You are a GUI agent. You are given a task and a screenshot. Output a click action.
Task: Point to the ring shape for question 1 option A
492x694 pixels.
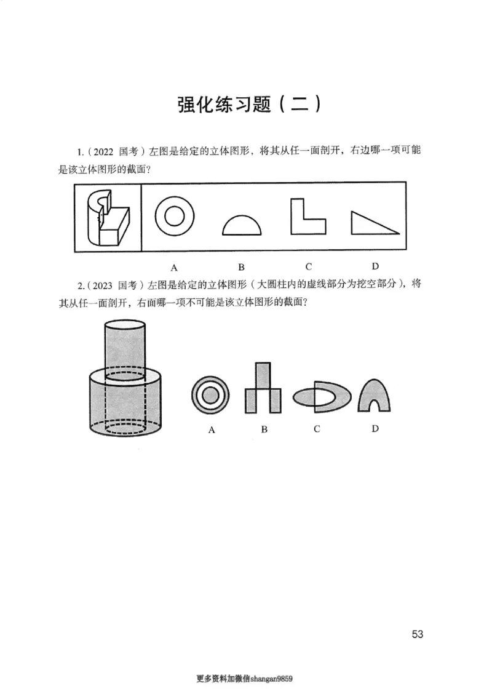(174, 217)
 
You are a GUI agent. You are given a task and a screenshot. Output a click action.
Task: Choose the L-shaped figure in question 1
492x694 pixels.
(308, 217)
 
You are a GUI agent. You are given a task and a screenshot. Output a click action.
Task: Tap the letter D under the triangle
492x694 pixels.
(375, 266)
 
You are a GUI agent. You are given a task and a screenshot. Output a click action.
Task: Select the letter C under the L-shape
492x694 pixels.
(308, 266)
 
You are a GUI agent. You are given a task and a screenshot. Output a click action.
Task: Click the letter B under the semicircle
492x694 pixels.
(242, 267)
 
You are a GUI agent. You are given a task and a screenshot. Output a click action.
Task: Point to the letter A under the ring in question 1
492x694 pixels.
(174, 267)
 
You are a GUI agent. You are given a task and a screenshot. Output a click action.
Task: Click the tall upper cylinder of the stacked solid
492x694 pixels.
(125, 348)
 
